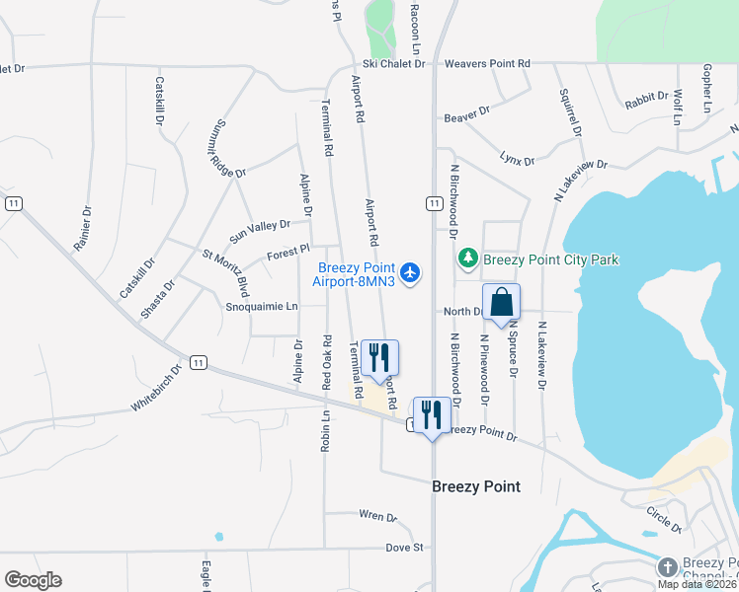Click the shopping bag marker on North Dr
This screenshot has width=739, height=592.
pos(501,303)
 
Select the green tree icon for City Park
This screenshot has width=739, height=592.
pos(468,259)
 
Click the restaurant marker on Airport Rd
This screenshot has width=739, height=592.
pos(379,358)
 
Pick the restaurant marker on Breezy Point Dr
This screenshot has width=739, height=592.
pos(431,415)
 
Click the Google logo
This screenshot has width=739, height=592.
pos(33,580)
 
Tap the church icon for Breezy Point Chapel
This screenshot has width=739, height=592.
pos(668,567)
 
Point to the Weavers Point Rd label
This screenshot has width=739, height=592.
pos(487,63)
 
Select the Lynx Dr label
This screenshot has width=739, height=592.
pos(517,159)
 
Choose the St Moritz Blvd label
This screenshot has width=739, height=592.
pos(226,273)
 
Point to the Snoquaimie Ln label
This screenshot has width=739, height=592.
pos(262,306)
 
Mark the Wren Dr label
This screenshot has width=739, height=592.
pos(377,516)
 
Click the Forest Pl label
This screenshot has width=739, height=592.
pos(288,255)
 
